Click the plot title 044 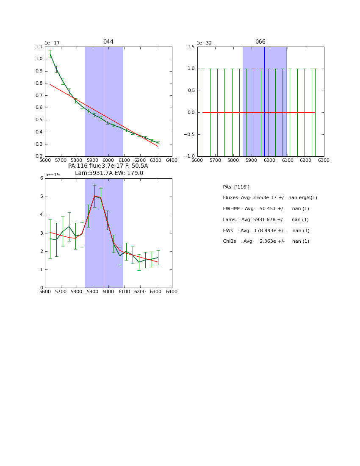[108, 42]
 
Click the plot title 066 [260, 42]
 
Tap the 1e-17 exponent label [52, 43]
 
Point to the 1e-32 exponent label [204, 43]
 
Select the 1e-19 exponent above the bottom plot [52, 175]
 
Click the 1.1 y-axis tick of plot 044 [39, 47]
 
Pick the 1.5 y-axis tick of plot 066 [191, 47]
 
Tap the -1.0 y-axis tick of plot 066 [190, 156]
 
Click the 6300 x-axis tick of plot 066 [324, 161]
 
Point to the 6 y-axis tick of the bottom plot [42, 178]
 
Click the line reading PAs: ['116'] [236, 187]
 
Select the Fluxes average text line [270, 198]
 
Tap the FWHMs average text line [266, 209]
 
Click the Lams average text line [266, 220]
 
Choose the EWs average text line [266, 231]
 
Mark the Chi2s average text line [266, 241]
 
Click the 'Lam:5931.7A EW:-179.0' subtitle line [109, 173]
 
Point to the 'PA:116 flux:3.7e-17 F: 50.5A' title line [108, 166]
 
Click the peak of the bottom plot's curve [94, 196]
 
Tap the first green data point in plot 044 [50, 54]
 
